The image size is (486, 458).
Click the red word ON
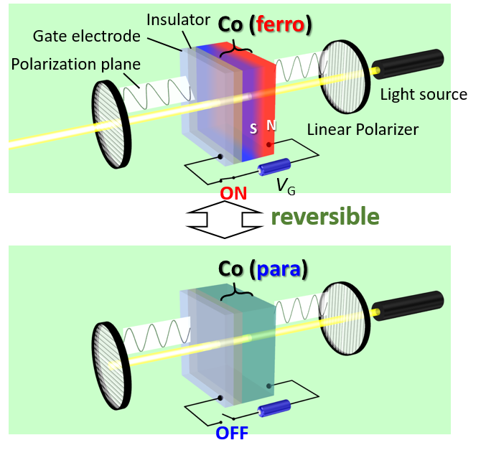(x=233, y=193)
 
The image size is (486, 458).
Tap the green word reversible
(x=325, y=216)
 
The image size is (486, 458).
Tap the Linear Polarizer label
(x=363, y=130)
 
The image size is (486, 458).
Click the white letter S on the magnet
(x=253, y=129)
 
